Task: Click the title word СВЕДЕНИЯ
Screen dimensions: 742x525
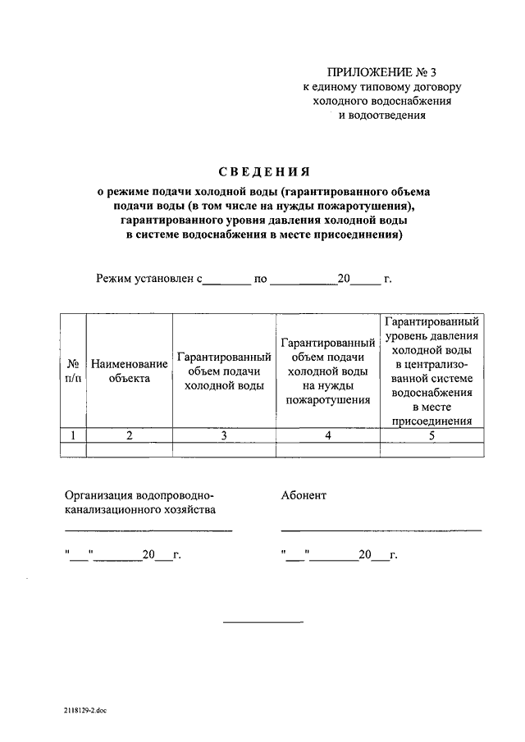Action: (x=263, y=172)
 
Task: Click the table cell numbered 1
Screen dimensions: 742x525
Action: (x=74, y=435)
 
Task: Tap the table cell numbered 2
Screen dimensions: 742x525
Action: (x=129, y=435)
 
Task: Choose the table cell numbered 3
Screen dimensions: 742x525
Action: (x=225, y=435)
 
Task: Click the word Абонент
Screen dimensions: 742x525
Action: (x=304, y=495)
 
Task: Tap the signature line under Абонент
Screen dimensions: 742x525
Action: (x=381, y=530)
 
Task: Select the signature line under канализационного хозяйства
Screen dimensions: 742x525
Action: (x=148, y=530)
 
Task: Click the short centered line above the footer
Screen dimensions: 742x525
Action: (x=263, y=621)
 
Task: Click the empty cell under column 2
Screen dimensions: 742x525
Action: (x=129, y=448)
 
